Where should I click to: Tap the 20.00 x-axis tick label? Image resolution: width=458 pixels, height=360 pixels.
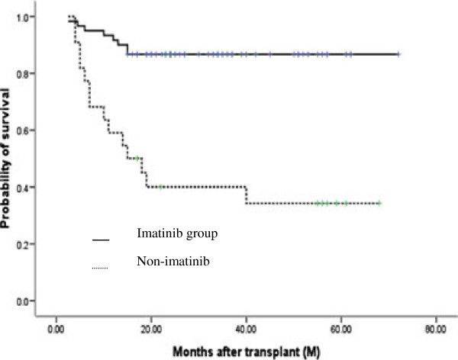point(151,329)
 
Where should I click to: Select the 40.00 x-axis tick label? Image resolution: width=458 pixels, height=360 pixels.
point(246,329)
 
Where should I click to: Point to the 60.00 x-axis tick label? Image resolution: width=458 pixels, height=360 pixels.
point(340,329)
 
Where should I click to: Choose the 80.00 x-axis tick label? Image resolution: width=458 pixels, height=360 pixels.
point(435,329)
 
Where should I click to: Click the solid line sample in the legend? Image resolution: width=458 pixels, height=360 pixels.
point(101,239)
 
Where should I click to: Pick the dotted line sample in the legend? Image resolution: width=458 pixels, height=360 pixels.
point(101,266)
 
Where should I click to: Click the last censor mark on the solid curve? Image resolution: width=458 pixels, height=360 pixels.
point(397,54)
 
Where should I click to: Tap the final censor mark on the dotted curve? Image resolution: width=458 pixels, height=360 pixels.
point(378,203)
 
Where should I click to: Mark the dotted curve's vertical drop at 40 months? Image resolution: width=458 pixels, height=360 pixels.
point(246,195)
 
